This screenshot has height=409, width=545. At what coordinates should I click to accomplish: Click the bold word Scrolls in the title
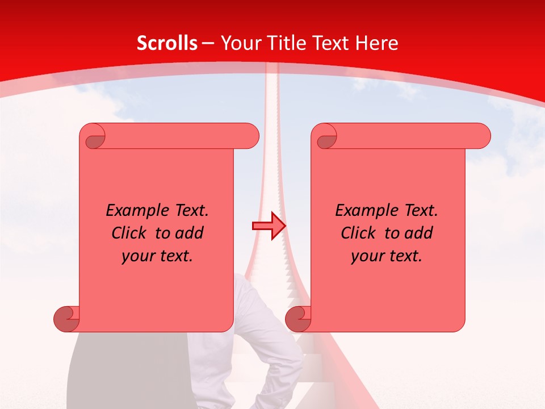[167, 43]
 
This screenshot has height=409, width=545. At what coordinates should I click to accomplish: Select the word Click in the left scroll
[129, 233]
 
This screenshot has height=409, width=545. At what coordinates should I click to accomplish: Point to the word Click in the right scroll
[358, 233]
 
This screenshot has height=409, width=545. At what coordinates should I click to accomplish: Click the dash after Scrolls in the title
[208, 43]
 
